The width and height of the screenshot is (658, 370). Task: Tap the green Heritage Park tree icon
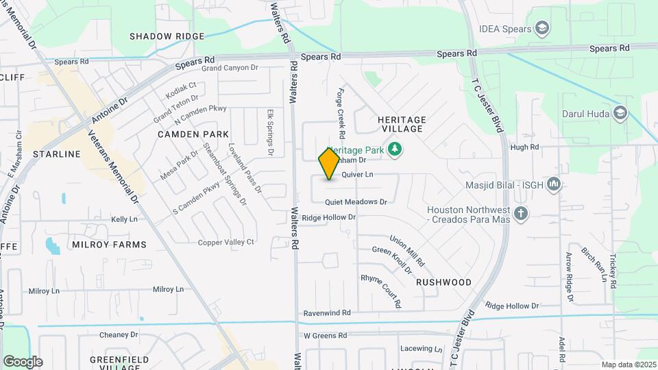pos(394,149)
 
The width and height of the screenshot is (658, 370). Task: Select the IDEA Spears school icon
pos(542,28)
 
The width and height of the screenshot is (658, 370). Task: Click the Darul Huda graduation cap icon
pos(620,112)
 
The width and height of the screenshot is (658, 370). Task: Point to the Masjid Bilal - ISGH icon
pos(555,184)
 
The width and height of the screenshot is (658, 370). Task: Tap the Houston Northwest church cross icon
pos(521,214)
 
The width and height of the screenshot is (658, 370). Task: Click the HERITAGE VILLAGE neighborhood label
pos(402,124)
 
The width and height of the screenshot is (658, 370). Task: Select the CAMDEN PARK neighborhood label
pos(193,134)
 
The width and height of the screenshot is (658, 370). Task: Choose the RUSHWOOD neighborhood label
pos(443,282)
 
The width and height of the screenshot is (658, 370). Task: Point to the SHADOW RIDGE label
pos(167,36)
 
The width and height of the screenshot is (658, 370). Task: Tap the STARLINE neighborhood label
pos(57,154)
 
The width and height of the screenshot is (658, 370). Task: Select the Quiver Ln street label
pos(357,175)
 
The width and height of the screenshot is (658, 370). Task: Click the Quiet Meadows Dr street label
pos(356,202)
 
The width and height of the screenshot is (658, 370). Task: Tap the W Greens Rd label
pos(326,335)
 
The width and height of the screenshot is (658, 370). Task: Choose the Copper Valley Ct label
pos(226,242)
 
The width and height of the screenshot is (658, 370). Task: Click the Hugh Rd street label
pos(525,147)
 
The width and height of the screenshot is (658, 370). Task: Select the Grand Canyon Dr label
pos(229,68)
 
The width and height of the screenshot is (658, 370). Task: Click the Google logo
pos(23,362)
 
